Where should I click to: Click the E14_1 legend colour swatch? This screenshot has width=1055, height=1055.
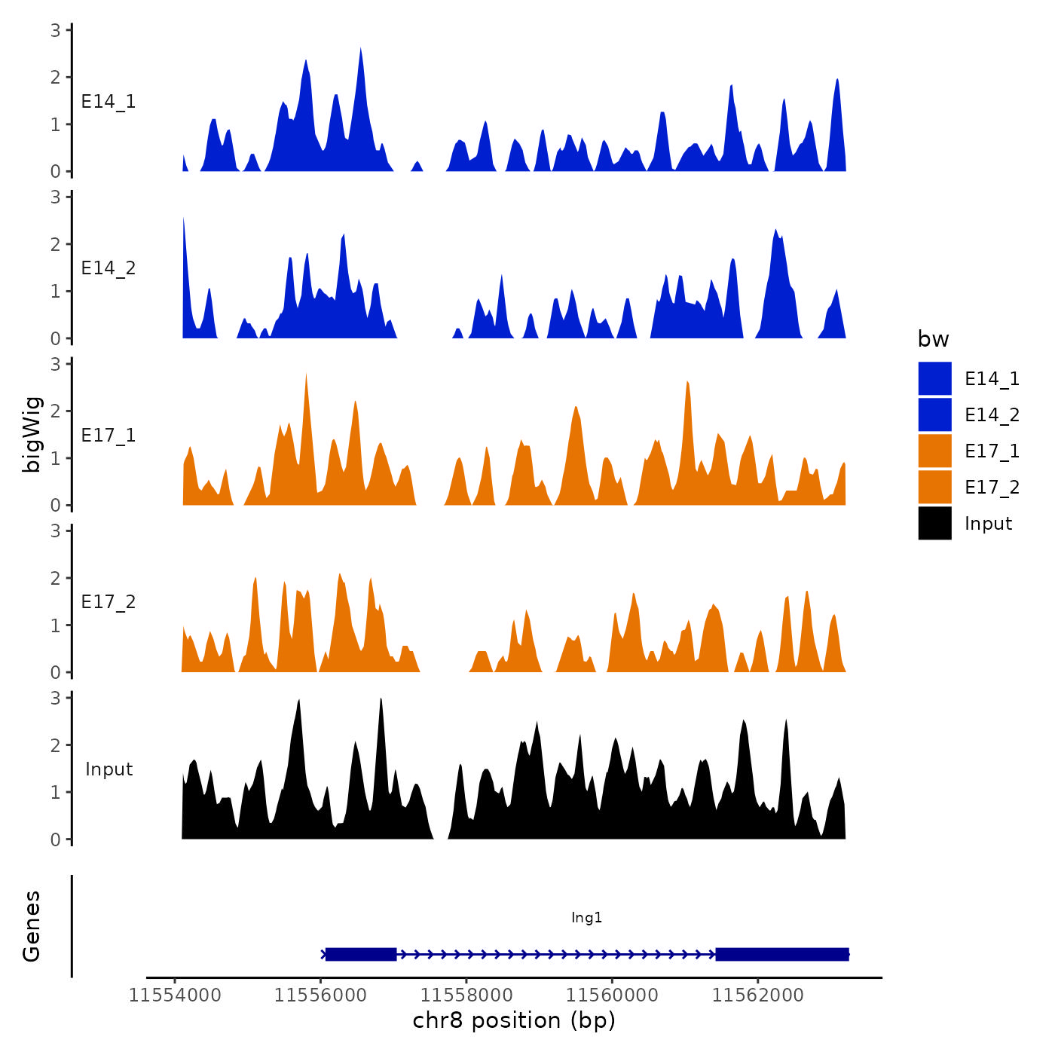coord(934,378)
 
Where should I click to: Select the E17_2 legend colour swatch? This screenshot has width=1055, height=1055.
coord(934,487)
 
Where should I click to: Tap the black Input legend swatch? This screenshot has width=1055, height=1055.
coord(934,523)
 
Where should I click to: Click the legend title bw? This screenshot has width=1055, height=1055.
coord(933,339)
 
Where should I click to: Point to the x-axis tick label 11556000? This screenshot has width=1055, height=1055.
coord(320,995)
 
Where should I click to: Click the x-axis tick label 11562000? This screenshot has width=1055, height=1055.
coord(758,995)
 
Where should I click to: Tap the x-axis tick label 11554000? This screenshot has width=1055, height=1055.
coord(175,995)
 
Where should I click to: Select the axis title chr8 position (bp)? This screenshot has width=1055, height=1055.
coord(514,1020)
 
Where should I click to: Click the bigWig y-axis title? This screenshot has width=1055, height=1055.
coord(32,434)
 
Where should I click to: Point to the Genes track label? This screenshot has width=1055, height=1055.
coord(32,926)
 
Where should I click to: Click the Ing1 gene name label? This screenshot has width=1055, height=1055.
coord(586,917)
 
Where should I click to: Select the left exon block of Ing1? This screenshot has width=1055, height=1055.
coord(361,955)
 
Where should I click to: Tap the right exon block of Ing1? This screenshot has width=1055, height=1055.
coord(781,955)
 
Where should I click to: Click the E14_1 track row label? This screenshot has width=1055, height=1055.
coord(109,102)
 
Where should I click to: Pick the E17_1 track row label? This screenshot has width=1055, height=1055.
coord(109,436)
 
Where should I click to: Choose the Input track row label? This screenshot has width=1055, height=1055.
coord(109,769)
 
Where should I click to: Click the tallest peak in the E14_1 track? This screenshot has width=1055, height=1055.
coord(361,50)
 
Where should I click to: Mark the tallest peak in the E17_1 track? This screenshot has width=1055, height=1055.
coord(306,375)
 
